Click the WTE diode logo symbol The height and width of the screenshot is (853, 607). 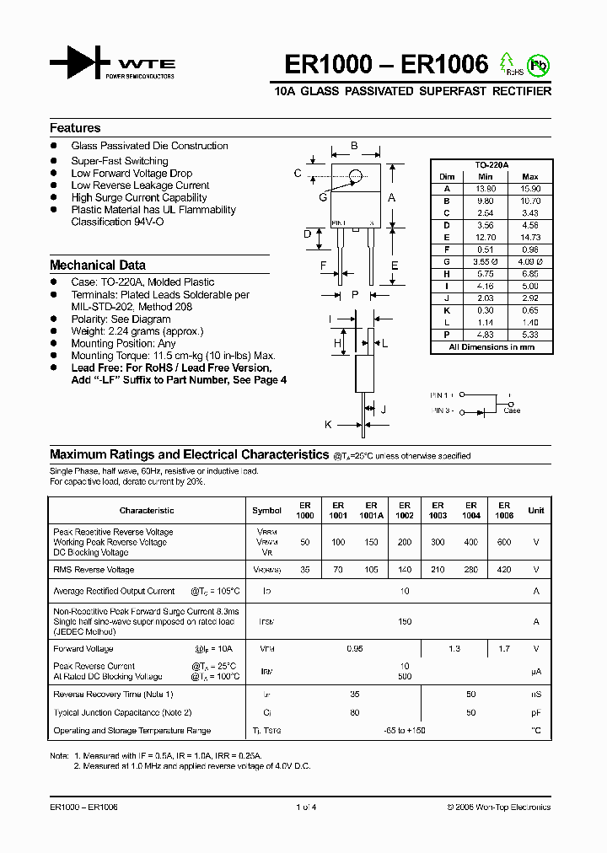point(80,63)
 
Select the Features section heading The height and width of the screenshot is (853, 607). point(75,128)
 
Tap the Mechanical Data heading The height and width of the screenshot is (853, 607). point(98,265)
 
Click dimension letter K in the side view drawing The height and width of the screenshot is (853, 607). point(329,424)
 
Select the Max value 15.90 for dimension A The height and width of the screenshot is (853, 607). point(529,189)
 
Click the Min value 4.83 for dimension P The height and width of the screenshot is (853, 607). point(485,334)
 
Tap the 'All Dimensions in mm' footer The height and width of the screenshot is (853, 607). point(491,346)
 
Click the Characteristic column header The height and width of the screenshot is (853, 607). point(147,510)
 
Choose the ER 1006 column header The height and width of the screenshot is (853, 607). point(504,510)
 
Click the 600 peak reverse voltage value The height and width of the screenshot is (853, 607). point(504,543)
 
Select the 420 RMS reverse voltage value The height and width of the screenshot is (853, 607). point(504,570)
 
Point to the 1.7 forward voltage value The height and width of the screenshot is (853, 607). point(504,649)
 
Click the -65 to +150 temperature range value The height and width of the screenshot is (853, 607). point(405,731)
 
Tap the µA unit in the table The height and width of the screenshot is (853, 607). point(535,671)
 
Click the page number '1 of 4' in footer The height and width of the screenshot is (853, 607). point(304,807)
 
